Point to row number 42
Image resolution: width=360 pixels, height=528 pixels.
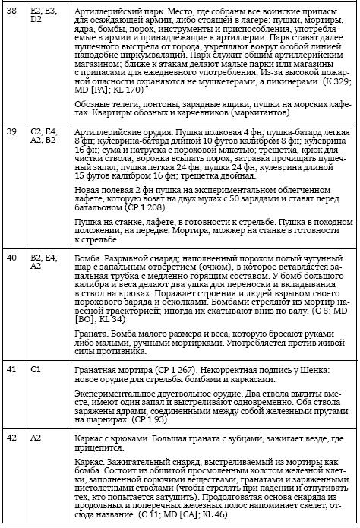tap(11, 438)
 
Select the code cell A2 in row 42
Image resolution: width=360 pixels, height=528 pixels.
tap(36, 438)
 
